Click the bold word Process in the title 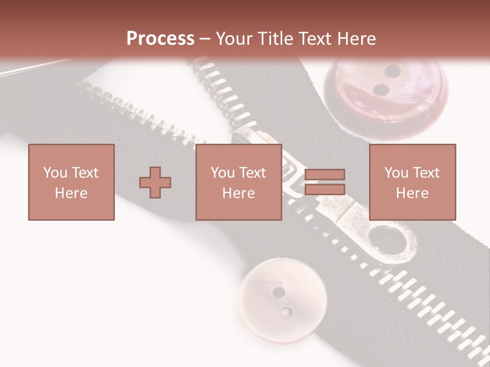160,38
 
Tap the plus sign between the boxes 155,182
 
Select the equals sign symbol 325,182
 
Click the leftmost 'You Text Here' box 71,182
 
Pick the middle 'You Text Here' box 239,182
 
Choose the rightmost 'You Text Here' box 412,182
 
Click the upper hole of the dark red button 392,71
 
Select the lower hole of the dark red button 381,90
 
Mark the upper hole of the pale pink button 279,292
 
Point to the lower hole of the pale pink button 287,311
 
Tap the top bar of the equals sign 325,174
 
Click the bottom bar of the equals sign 325,190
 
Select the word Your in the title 233,39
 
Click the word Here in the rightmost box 412,193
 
